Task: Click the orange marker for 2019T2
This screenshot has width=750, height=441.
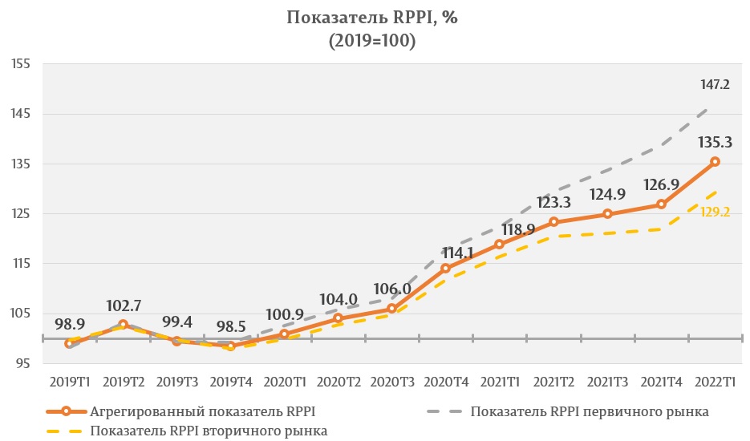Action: pyautogui.click(x=123, y=325)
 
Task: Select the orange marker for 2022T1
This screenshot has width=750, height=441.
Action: pyautogui.click(x=716, y=162)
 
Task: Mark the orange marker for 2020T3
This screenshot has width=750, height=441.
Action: pyautogui.click(x=392, y=309)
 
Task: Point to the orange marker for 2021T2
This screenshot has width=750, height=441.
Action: pyautogui.click(x=553, y=222)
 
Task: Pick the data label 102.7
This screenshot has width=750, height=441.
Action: pyautogui.click(x=124, y=305)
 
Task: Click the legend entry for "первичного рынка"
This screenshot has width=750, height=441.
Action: pyautogui.click(x=590, y=411)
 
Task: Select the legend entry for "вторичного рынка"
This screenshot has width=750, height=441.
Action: pyautogui.click(x=209, y=431)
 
